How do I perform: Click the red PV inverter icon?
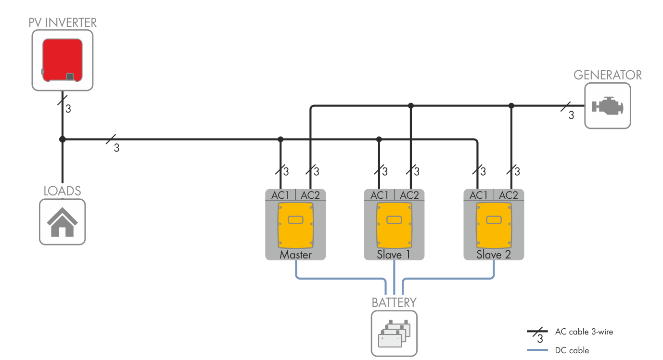62,60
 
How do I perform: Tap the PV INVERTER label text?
63,23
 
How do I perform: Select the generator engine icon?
607,106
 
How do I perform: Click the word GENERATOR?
608,75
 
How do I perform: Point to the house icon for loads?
62,223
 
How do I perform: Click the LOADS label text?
62,191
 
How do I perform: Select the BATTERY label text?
394,303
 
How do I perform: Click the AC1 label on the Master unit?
280,195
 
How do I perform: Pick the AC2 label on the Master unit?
310,195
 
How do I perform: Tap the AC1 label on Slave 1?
379,195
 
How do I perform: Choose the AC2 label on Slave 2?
509,195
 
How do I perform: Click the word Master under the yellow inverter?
295,255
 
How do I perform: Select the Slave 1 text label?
394,255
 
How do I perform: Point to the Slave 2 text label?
494,255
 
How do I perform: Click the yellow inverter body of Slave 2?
493,223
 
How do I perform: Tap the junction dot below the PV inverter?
62,140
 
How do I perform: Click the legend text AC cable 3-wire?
584,332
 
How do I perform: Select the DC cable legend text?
572,350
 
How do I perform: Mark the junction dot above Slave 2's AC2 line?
511,105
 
